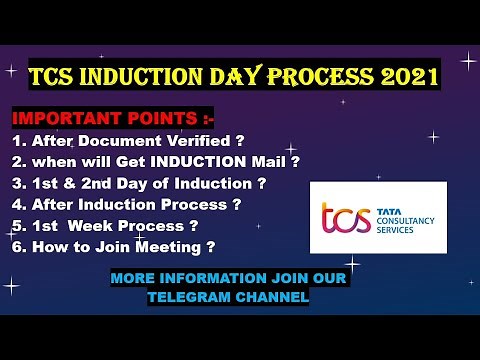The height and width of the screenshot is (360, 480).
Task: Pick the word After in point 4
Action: coord(57,204)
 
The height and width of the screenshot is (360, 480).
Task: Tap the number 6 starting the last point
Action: coord(17,246)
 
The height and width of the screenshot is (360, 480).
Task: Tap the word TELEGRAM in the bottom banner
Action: coord(190,296)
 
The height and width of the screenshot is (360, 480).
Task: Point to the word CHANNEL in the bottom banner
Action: coord(271,296)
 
